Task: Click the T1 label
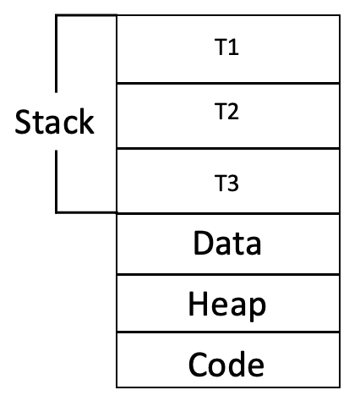pos(226,47)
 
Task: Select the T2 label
pos(226,111)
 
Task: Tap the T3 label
pos(226,183)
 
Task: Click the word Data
pos(227,243)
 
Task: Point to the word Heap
pos(227,306)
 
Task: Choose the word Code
pos(226,364)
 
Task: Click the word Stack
pos(54,121)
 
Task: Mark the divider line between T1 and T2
pos(228,84)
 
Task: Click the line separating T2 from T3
pos(228,148)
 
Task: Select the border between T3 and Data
pos(228,214)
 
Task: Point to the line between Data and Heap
pos(228,274)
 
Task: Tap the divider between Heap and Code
pos(228,332)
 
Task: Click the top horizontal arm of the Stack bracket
pos(86,15)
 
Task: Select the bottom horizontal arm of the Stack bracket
pos(86,212)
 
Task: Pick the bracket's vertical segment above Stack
pos(57,53)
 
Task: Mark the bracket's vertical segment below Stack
pos(57,181)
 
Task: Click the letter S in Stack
pos(23,122)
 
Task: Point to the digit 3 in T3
pos(232,183)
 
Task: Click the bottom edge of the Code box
pos(228,387)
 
